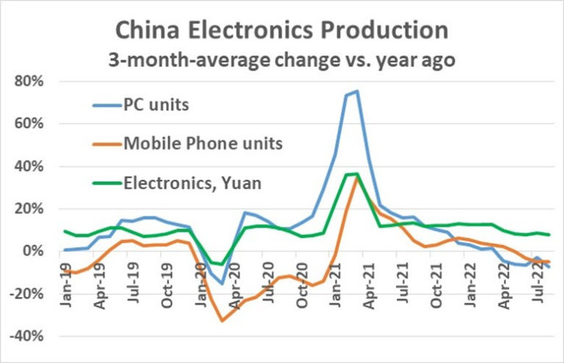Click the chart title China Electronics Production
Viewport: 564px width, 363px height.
tap(282, 30)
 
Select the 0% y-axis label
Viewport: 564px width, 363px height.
tap(35, 252)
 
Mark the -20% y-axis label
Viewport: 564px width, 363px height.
tap(28, 294)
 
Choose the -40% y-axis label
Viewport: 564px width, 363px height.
tap(28, 337)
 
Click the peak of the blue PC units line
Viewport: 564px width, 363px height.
tap(357, 91)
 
